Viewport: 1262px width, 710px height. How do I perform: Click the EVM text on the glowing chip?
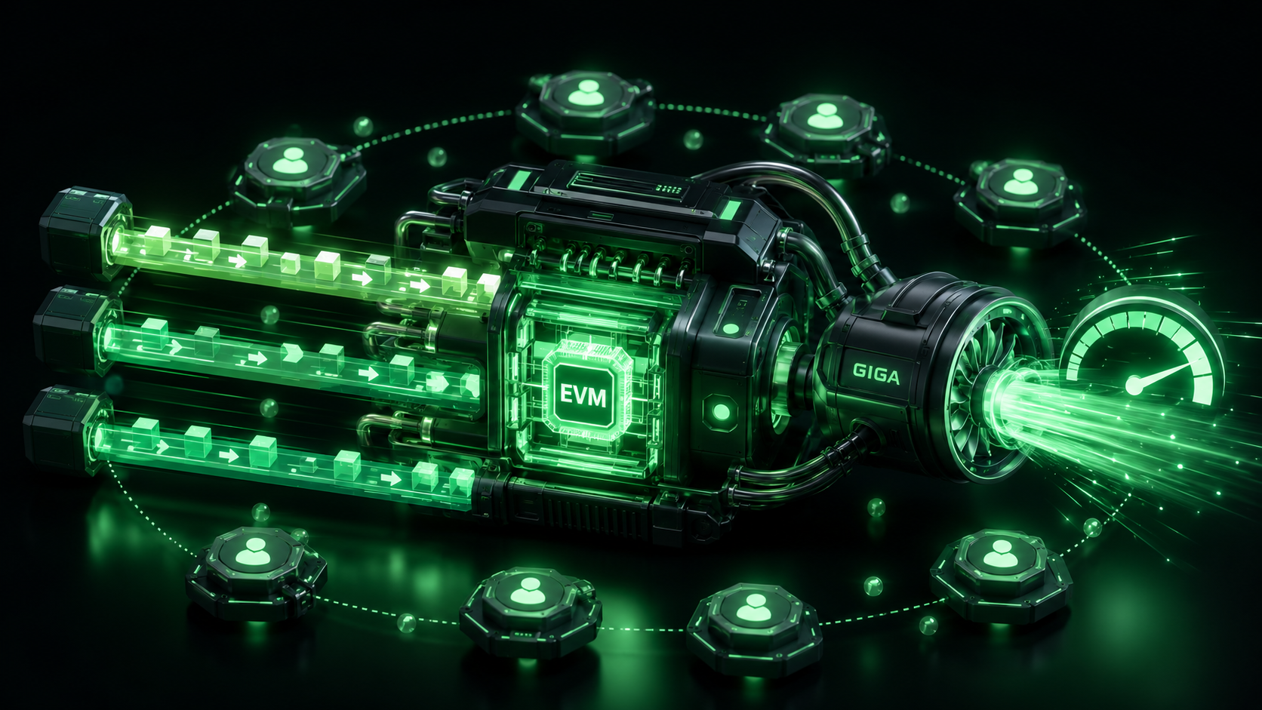[x=583, y=396]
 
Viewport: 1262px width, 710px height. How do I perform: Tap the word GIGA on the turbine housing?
[x=876, y=373]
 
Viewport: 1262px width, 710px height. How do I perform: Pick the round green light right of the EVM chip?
[x=721, y=411]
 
